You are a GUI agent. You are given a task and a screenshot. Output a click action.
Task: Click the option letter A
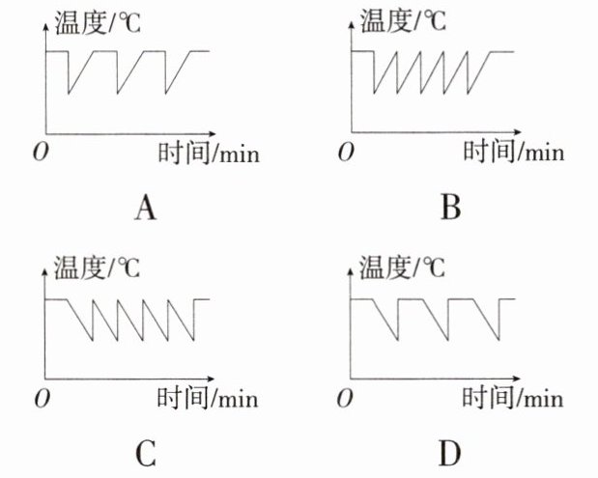(x=147, y=208)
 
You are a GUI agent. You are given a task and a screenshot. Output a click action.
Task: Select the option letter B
(x=450, y=208)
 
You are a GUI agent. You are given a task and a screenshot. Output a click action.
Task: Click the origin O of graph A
(x=40, y=153)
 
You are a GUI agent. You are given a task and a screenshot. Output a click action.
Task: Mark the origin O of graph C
(x=40, y=398)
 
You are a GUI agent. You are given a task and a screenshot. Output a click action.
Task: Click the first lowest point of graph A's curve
(x=68, y=94)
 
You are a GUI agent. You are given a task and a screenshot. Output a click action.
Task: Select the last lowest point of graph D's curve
(x=501, y=339)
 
